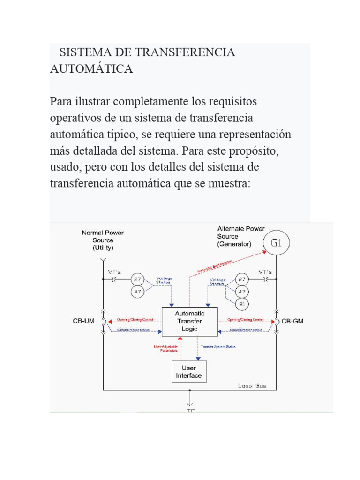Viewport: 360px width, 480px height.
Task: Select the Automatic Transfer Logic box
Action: [189, 321]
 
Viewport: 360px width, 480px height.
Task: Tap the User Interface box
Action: [189, 372]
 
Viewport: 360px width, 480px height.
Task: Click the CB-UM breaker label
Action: [83, 321]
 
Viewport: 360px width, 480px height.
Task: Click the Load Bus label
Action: [252, 386]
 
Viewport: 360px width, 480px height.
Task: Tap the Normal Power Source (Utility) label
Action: [103, 240]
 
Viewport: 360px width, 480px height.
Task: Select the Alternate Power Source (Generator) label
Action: [240, 236]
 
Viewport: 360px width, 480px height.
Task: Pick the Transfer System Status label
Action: [218, 347]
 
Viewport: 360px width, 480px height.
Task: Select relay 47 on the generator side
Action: [242, 291]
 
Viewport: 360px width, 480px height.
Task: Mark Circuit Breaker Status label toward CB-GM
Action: [246, 330]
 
